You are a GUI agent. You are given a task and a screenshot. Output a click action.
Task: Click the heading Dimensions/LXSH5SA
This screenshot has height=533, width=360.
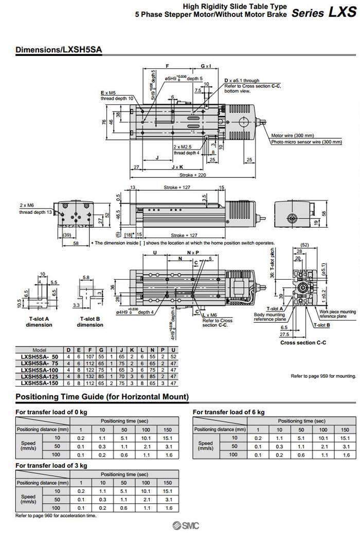(59, 50)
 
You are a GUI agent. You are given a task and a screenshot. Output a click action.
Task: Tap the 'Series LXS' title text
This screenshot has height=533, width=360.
(323, 12)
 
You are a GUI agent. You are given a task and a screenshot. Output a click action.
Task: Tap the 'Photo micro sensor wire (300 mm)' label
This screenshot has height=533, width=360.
(306, 142)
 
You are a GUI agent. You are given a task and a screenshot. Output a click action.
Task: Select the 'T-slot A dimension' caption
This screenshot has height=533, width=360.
(39, 322)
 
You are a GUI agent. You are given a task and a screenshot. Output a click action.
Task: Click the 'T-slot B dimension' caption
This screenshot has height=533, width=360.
(90, 322)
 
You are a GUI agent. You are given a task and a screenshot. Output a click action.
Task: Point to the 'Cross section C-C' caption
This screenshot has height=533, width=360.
(303, 342)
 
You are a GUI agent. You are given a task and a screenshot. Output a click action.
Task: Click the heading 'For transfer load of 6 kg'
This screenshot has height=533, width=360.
(228, 412)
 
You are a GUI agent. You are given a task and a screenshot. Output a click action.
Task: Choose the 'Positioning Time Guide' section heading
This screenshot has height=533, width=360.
(102, 397)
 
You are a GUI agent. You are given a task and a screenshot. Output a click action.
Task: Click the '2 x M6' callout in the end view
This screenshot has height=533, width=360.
(27, 205)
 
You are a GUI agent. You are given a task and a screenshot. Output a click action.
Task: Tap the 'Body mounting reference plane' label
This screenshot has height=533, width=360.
(269, 317)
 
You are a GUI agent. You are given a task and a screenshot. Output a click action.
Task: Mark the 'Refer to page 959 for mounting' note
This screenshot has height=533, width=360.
(323, 376)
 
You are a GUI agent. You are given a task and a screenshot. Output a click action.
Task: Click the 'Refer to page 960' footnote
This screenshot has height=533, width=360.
(56, 515)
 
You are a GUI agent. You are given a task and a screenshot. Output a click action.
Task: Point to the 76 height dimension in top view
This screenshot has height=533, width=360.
(104, 122)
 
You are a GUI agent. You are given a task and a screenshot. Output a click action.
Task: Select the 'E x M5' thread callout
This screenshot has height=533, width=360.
(108, 93)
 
